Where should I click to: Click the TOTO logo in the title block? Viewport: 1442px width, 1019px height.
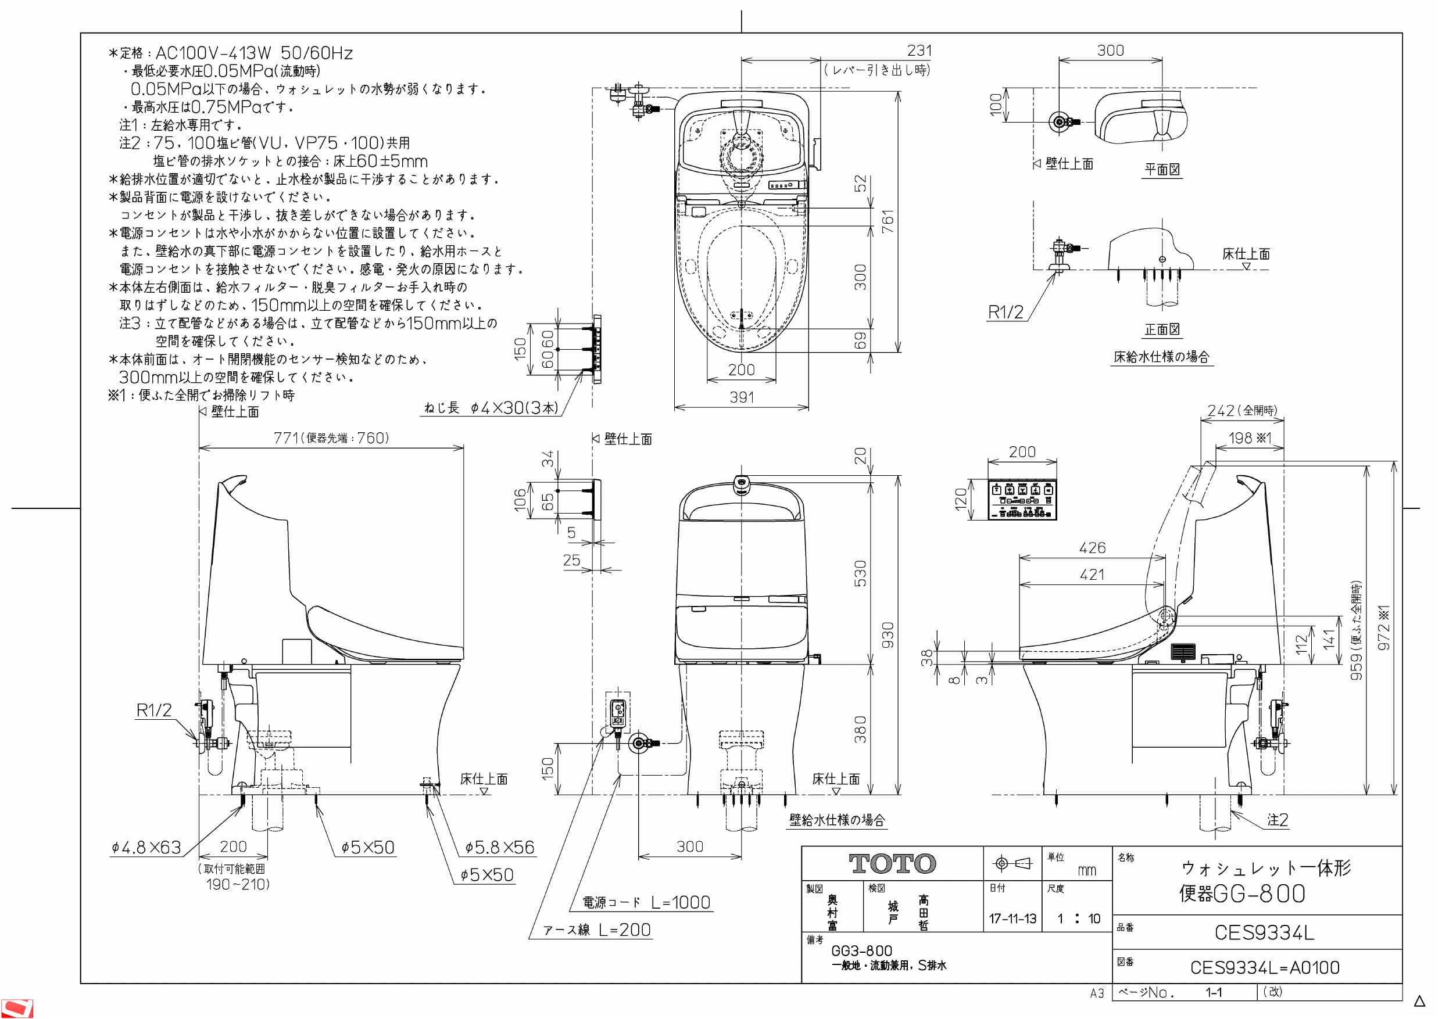point(892,863)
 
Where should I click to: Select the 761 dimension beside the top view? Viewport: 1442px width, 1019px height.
point(888,221)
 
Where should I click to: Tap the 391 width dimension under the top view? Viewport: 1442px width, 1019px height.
point(741,397)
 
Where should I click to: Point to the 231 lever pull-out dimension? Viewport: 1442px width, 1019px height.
point(919,50)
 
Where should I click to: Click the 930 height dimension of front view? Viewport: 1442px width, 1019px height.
point(888,636)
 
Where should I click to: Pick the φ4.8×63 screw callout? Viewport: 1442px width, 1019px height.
point(146,848)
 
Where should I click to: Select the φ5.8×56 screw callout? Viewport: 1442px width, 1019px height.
point(499,848)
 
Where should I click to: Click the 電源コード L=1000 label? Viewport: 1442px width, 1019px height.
point(646,903)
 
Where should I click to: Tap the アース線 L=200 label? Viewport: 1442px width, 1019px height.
point(597,930)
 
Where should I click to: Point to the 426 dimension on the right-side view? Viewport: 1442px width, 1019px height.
point(1092,547)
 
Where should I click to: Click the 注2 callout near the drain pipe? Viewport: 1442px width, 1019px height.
point(1277,820)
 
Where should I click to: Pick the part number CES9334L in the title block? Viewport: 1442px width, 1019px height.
point(1264,933)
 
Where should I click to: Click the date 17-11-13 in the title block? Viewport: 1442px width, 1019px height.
point(1012,919)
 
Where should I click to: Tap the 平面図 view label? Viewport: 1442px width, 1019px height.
point(1162,170)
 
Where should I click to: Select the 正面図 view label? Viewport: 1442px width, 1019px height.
point(1162,329)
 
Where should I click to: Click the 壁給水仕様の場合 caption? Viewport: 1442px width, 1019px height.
point(837,820)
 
